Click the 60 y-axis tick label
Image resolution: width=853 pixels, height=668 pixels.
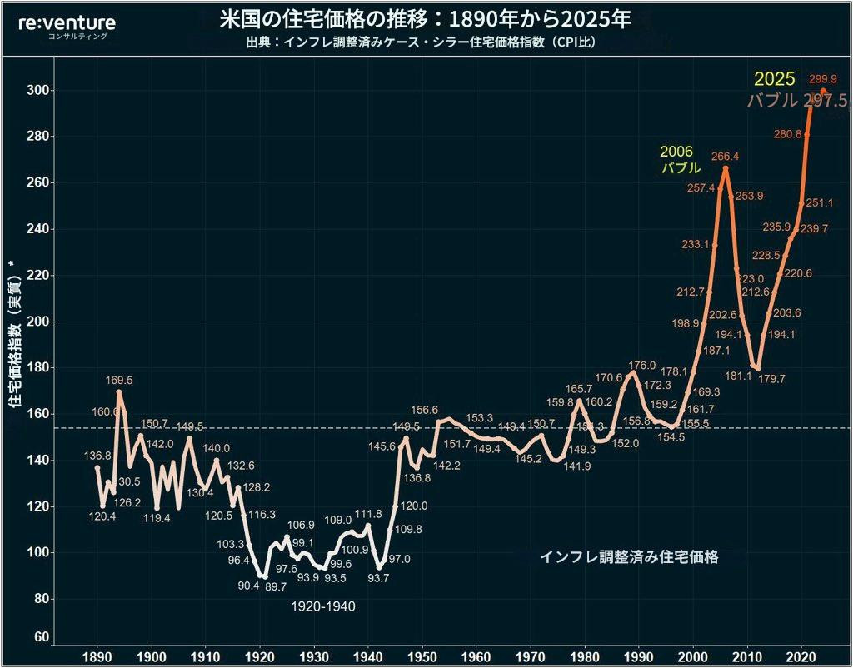[38, 637]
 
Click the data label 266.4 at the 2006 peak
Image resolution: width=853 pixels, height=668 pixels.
[726, 156]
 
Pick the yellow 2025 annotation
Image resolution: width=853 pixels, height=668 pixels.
[775, 80]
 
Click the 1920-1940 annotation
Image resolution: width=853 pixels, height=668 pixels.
[323, 606]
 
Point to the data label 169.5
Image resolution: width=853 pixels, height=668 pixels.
[119, 380]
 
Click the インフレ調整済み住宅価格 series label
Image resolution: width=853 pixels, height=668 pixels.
[628, 557]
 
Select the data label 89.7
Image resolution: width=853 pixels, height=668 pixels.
[275, 586]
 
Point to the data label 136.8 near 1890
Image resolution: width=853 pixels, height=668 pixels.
[98, 456]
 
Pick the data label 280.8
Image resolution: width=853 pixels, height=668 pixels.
[787, 133]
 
